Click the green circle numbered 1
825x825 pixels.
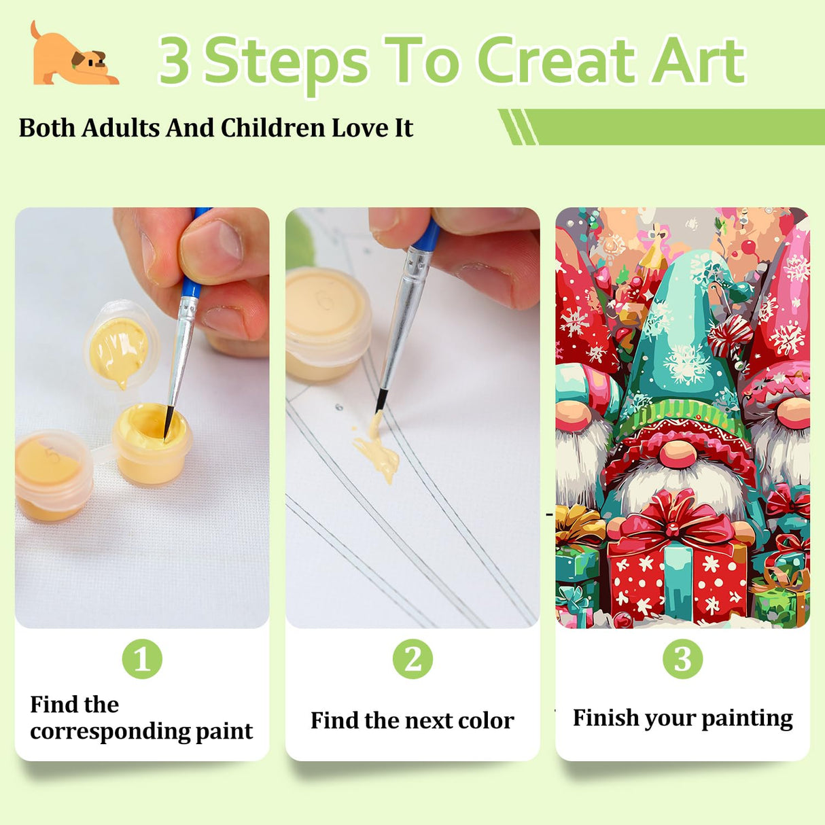pyautogui.click(x=142, y=659)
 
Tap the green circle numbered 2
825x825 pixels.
pyautogui.click(x=412, y=659)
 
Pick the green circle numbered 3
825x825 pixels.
pyautogui.click(x=682, y=659)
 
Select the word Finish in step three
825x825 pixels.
pyautogui.click(x=605, y=718)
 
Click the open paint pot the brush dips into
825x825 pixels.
pyautogui.click(x=151, y=442)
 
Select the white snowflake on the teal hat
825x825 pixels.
pyautogui.click(x=686, y=364)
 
